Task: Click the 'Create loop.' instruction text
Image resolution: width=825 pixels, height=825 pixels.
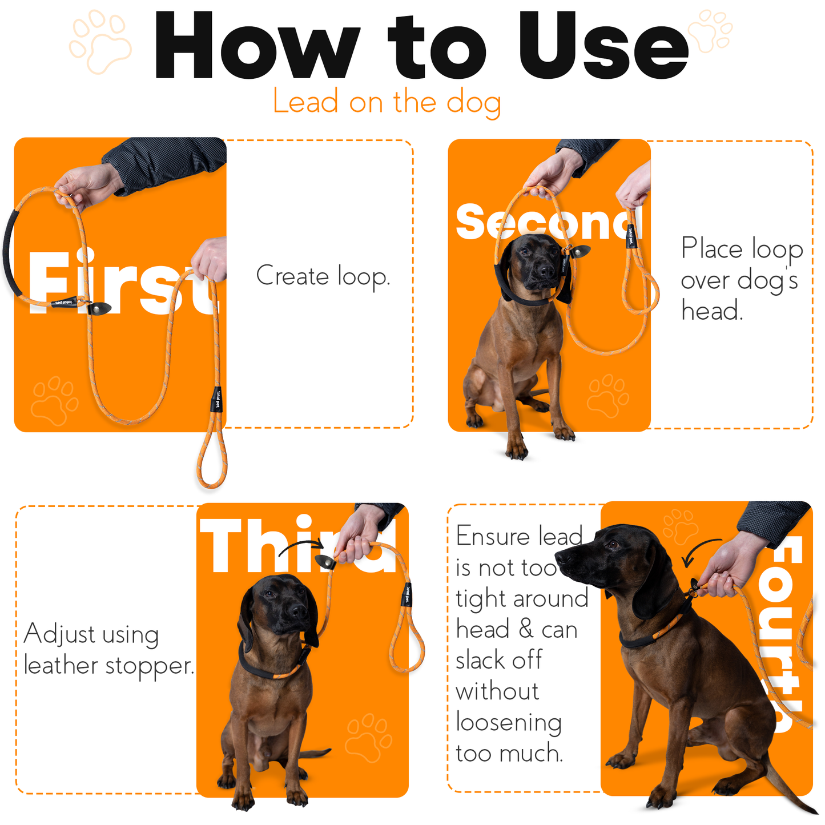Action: click(323, 276)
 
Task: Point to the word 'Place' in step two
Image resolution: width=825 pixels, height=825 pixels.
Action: click(711, 249)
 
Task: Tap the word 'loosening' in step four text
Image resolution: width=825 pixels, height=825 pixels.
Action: click(509, 723)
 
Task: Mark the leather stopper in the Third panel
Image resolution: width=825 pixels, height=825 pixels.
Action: click(325, 561)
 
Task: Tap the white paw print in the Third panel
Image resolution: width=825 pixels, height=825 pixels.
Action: click(368, 737)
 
